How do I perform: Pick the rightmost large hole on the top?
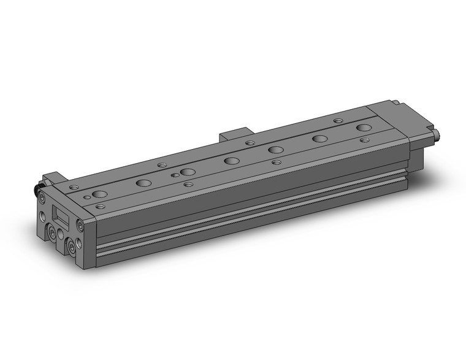click(x=364, y=128)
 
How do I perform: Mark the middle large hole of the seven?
click(x=232, y=161)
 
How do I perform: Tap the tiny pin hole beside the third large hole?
click(x=175, y=175)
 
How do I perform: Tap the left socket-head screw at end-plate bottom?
click(x=52, y=233)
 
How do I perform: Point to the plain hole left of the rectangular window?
click(x=42, y=216)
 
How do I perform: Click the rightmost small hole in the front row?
click(x=365, y=140)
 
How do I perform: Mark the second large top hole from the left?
click(x=144, y=183)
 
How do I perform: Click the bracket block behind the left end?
click(x=52, y=178)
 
